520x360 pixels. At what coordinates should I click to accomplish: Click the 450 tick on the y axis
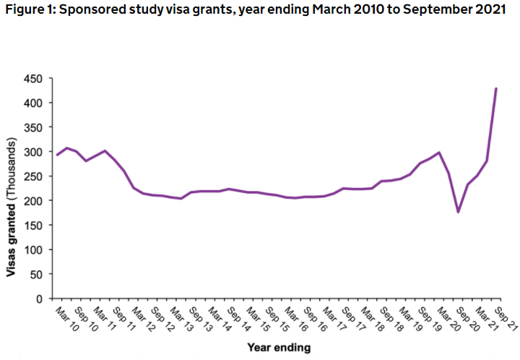[x=35, y=78]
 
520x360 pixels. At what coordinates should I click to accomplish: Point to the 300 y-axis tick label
[x=35, y=152]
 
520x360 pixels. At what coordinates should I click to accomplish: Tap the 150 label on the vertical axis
[x=35, y=225]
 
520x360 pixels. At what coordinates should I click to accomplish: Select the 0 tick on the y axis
[x=40, y=298]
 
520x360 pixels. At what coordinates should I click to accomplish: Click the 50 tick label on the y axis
[x=37, y=274]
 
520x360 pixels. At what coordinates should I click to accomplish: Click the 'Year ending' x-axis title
[x=279, y=348]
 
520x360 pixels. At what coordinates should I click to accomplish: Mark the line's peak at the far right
[x=496, y=89]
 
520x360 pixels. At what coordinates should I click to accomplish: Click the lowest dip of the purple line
[x=458, y=212]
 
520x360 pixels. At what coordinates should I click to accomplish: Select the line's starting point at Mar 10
[x=58, y=155]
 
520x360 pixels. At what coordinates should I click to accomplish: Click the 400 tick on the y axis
[x=35, y=103]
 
